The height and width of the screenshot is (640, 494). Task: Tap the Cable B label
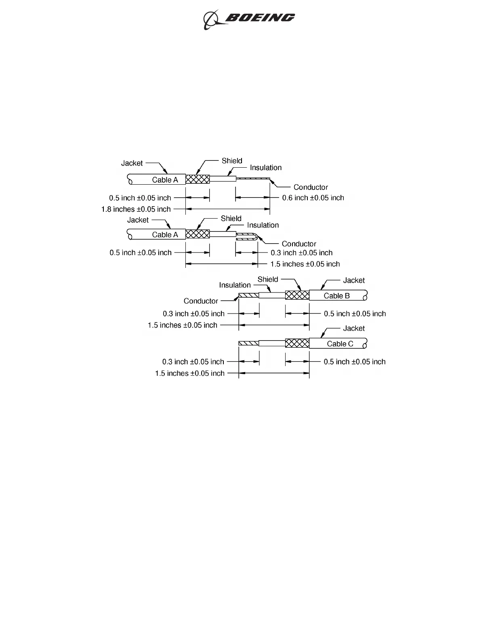336,296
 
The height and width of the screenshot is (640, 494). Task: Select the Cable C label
340,344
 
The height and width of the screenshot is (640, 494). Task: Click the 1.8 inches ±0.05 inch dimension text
136,209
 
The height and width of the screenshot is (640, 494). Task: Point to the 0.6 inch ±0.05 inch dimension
313,198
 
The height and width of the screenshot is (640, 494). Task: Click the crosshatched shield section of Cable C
297,343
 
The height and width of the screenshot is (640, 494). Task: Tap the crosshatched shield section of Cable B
297,295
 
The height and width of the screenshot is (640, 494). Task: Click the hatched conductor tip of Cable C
248,343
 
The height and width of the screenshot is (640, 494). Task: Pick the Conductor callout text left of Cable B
201,301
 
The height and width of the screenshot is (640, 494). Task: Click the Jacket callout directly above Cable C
354,328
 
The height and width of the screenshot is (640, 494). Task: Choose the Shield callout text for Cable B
268,280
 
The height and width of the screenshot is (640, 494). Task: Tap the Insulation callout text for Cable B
235,285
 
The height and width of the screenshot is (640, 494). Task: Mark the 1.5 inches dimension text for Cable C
189,374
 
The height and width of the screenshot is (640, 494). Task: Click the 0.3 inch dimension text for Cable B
193,314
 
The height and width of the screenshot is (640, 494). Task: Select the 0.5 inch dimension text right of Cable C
355,362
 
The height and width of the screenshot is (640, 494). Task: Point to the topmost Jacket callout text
132,163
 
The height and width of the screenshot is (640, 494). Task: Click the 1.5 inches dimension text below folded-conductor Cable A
305,264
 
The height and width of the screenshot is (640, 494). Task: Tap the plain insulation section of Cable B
271,295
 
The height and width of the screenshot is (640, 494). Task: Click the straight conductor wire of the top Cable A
253,179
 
